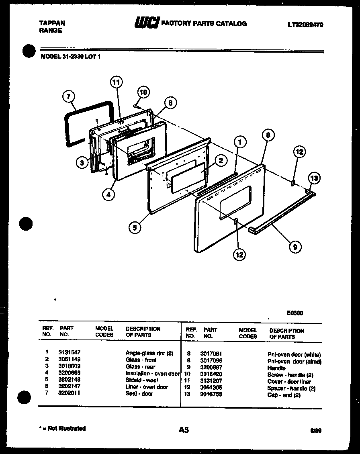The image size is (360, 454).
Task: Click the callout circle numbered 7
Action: (x=69, y=97)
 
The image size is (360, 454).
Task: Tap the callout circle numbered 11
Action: (x=116, y=82)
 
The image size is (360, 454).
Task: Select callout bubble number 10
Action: (x=143, y=92)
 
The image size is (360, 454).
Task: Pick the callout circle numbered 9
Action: (x=295, y=247)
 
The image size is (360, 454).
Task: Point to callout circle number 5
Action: (x=135, y=227)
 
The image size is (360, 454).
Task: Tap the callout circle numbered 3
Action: (x=82, y=162)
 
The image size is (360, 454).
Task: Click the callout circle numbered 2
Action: (x=221, y=161)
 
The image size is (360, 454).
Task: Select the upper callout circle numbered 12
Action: (x=299, y=152)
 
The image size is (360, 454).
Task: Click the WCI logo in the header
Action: (x=147, y=23)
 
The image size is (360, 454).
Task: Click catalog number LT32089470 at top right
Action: (x=305, y=25)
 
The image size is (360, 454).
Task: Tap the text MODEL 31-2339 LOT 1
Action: (x=71, y=57)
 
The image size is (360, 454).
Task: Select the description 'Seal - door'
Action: (x=139, y=394)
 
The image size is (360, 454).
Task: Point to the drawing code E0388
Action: (x=295, y=313)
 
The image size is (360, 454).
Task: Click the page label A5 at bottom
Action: (x=183, y=430)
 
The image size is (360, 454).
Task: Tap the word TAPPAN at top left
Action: (x=52, y=23)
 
